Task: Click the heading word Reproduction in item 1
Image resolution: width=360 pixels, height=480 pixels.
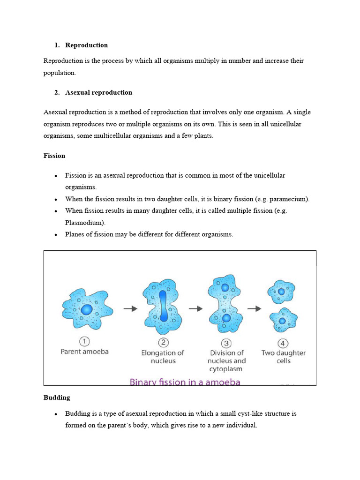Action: [x=86, y=45]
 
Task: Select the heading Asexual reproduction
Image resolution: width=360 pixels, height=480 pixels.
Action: [x=98, y=92]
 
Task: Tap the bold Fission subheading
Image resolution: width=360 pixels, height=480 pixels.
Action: [x=54, y=156]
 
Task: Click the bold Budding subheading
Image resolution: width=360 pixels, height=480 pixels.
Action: [x=57, y=397]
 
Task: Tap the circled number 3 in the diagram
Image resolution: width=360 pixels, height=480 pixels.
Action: [x=226, y=342]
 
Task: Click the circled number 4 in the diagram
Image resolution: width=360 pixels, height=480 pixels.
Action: [x=283, y=342]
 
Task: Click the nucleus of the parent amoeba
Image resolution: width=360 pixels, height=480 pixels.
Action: [x=87, y=309]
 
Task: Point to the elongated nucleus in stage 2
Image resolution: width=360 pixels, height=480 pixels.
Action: [x=163, y=305]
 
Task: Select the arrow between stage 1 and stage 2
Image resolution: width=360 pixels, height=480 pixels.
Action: [x=130, y=308]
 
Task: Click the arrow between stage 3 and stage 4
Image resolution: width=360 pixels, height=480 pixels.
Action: [x=254, y=308]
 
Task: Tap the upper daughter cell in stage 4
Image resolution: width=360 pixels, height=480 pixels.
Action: [x=281, y=292]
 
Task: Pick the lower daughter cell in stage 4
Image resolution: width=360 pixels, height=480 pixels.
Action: [x=283, y=320]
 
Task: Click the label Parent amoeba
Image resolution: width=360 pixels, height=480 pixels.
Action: [x=84, y=352]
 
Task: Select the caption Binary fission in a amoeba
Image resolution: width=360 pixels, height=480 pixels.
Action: [x=185, y=382]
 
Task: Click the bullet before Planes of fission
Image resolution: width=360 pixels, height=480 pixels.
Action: [x=56, y=235]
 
